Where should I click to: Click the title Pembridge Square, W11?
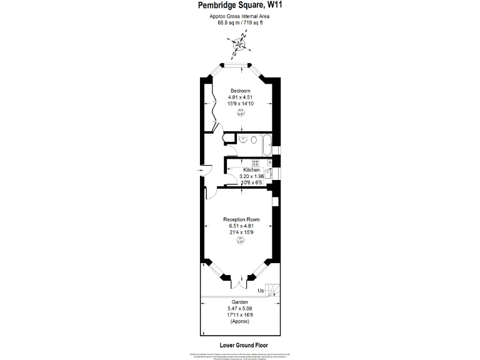[x=239, y=6]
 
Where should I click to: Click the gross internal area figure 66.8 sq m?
[x=227, y=22]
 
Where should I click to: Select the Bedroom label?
[x=240, y=91]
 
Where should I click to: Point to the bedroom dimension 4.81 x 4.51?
[x=240, y=97]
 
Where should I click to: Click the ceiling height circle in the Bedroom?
[x=241, y=113]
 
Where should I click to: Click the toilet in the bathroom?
[x=254, y=140]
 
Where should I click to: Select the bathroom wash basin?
[x=243, y=139]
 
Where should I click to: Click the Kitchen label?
[x=251, y=170]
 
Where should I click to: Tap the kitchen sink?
[x=267, y=175]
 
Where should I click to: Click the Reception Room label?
[x=241, y=219]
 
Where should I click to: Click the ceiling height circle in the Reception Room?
[x=241, y=242]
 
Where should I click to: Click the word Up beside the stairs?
[x=261, y=291]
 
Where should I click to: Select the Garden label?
[x=240, y=302]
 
